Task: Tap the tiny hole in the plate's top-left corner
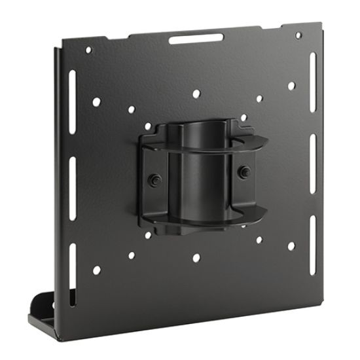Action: click(90, 50)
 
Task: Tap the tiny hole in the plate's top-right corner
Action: click(298, 35)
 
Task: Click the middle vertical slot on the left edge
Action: click(71, 174)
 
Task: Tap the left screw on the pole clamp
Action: click(154, 178)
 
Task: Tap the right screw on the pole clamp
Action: click(243, 171)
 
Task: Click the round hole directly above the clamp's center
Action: click(196, 94)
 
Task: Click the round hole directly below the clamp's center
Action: click(196, 257)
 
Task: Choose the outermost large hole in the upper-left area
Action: click(97, 102)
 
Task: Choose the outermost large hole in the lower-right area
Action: click(291, 245)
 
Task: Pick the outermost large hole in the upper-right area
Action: click(291, 86)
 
